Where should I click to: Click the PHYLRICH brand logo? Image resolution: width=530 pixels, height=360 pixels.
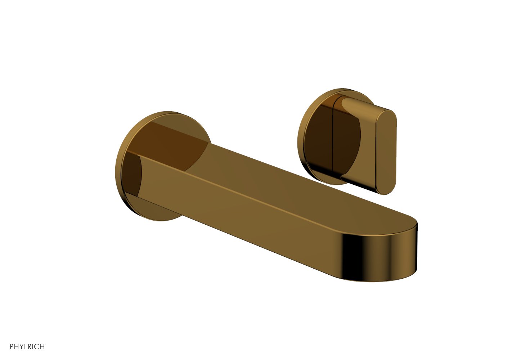click(x=28, y=346)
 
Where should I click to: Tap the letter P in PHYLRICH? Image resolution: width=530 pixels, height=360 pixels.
click(x=12, y=346)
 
